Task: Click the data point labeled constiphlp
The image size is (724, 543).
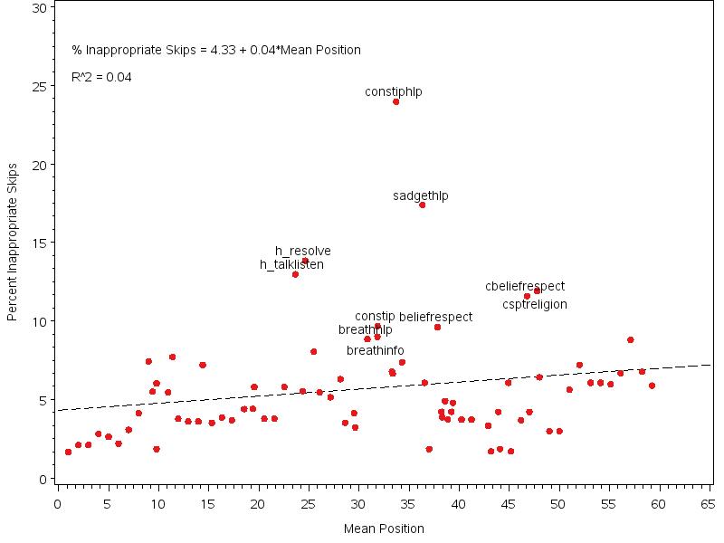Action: (395, 101)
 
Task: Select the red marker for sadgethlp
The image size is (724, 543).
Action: (422, 205)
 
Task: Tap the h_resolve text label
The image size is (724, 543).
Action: (303, 251)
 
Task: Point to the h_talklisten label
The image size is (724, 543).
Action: (291, 264)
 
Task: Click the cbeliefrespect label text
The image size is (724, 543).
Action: (525, 286)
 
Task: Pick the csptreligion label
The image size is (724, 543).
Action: (535, 304)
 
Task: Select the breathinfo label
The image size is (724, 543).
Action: (376, 350)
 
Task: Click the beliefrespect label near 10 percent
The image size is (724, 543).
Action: (435, 317)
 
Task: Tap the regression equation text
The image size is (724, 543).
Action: (216, 50)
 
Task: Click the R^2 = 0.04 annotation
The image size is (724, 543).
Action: (101, 77)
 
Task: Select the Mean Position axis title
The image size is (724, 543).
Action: (384, 529)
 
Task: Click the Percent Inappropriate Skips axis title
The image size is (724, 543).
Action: (13, 243)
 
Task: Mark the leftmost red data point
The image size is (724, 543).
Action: (68, 452)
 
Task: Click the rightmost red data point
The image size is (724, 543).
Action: (652, 386)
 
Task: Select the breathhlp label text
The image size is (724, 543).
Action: (365, 329)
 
